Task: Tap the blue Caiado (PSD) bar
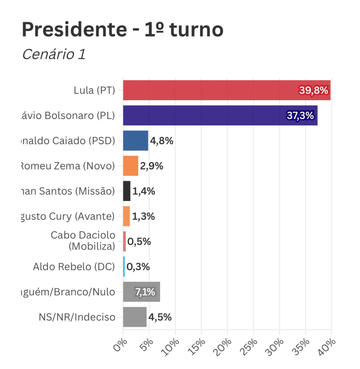[135, 141]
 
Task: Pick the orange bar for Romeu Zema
[131, 166]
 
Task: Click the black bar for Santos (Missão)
[127, 191]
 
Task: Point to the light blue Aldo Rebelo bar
[124, 267]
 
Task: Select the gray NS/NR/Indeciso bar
[135, 317]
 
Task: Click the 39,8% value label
[313, 90]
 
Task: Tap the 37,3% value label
[300, 116]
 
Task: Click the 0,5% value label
[139, 241]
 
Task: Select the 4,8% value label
[162, 141]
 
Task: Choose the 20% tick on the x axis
[225, 347]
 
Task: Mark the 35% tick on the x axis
[303, 347]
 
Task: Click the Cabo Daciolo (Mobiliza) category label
[83, 241]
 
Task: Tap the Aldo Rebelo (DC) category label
[74, 267]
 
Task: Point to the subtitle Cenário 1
[54, 54]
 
